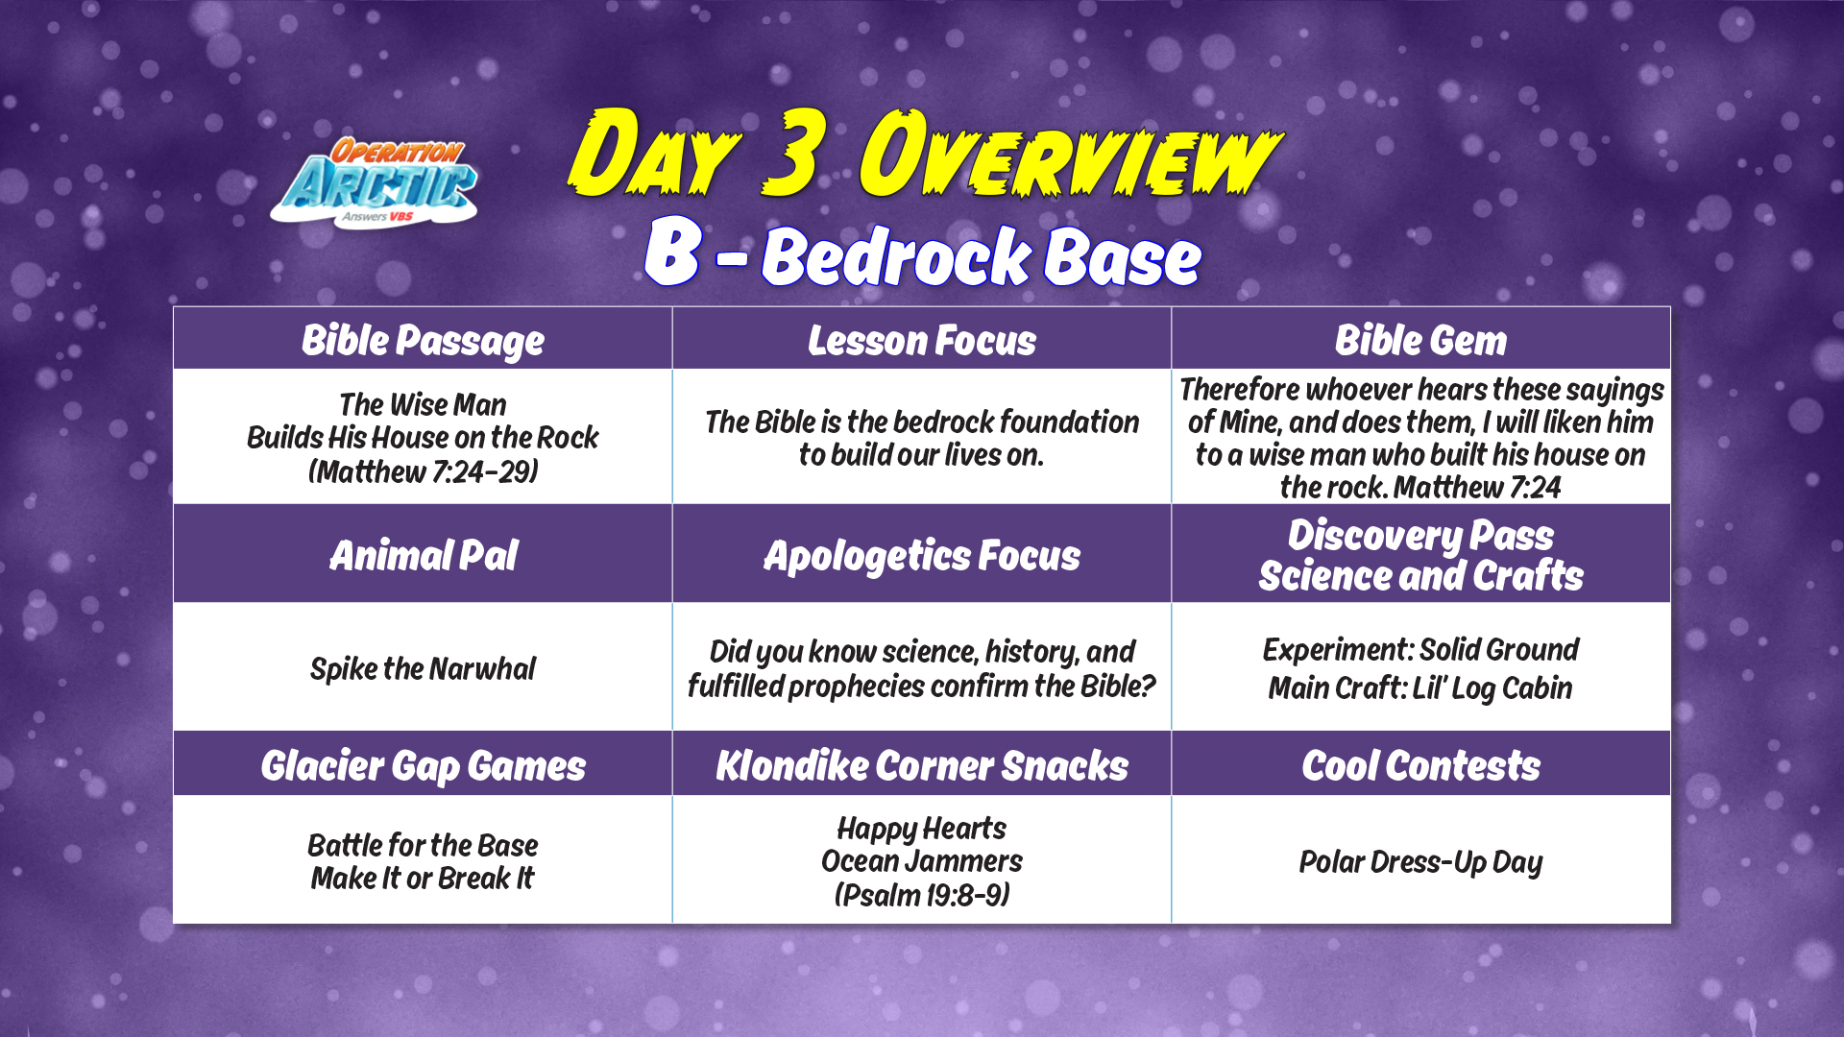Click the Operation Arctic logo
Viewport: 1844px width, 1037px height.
[375, 182]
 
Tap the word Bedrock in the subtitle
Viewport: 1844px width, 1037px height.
[896, 256]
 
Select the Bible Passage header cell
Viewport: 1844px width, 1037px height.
[423, 339]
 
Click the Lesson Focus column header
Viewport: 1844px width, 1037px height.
[922, 339]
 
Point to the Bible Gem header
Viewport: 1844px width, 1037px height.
[1421, 339]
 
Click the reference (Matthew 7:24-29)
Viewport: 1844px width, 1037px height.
[423, 471]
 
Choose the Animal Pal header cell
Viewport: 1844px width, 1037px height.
[423, 554]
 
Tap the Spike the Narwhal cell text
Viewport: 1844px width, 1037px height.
[423, 668]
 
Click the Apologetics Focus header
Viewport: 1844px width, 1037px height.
[922, 554]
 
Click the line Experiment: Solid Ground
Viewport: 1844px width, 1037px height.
[1420, 650]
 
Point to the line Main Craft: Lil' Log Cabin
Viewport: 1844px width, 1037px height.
[1420, 687]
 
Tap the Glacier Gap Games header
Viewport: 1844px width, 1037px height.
[423, 764]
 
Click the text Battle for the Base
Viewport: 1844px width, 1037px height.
[423, 845]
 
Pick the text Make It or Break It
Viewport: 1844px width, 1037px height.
[423, 879]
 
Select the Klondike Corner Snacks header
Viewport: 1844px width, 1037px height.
[922, 764]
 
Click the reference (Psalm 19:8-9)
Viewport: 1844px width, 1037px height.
[922, 895]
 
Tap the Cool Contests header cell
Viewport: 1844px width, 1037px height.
[1421, 764]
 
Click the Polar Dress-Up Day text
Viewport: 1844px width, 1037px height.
[1420, 862]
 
